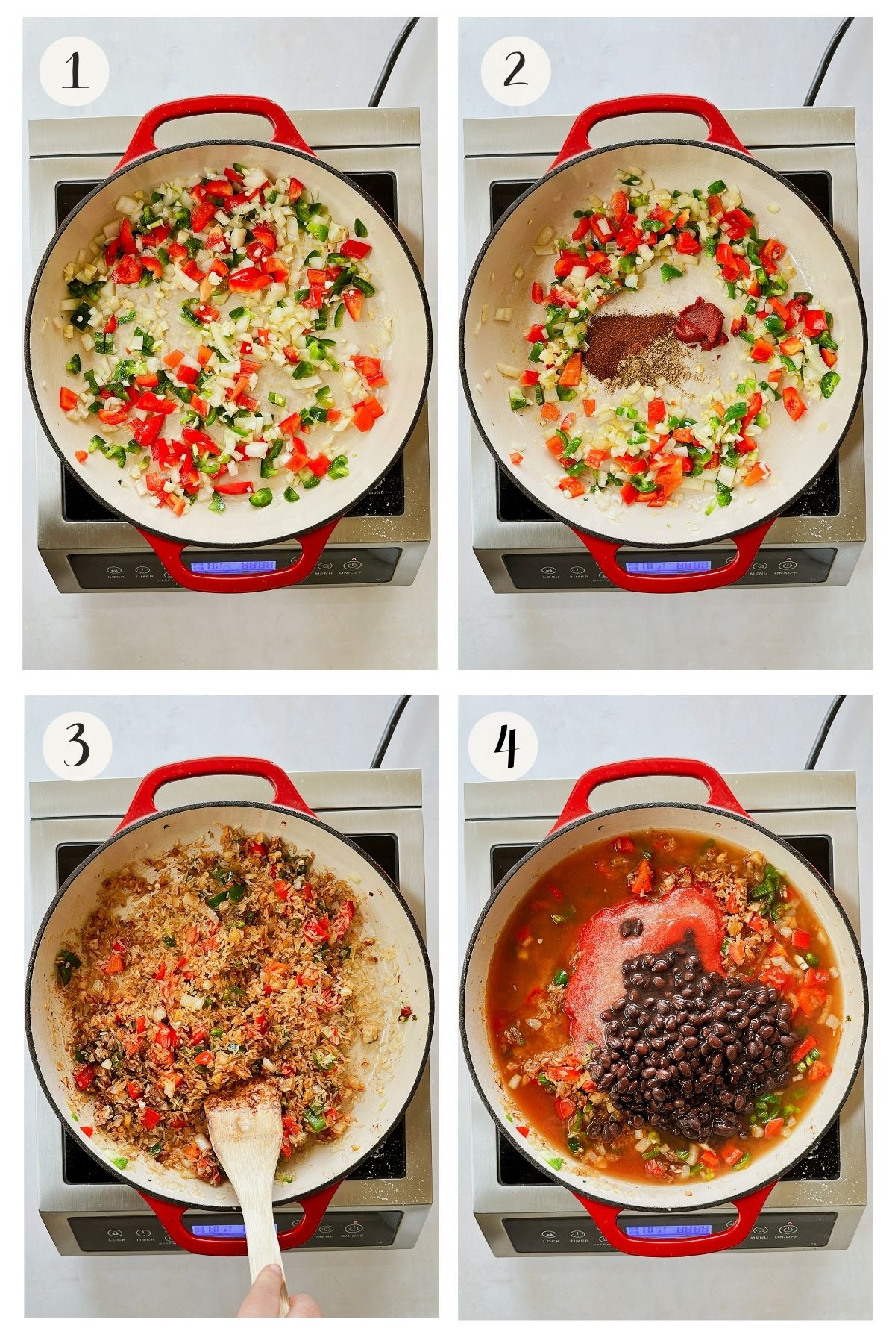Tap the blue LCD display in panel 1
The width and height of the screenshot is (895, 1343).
[x=233, y=566]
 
